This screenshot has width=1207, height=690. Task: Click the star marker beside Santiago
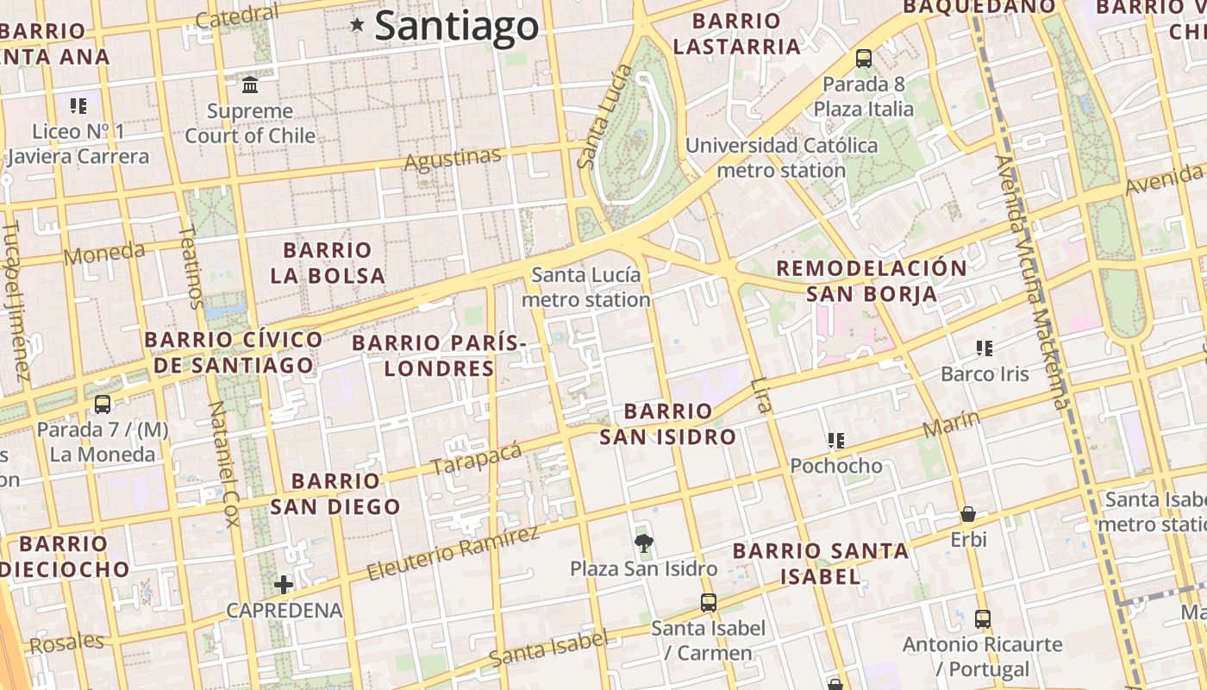pyautogui.click(x=357, y=25)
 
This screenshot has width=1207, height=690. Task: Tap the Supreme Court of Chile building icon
pyautogui.click(x=250, y=85)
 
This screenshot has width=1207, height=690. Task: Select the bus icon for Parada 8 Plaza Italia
pyautogui.click(x=863, y=59)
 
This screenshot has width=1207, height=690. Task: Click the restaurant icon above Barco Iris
pyautogui.click(x=984, y=348)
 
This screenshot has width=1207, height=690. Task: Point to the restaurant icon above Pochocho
pyautogui.click(x=835, y=441)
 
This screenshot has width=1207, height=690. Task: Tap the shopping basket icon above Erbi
pyautogui.click(x=968, y=514)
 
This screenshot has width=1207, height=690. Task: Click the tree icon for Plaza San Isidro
pyautogui.click(x=642, y=543)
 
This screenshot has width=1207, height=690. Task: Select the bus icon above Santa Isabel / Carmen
pyautogui.click(x=708, y=603)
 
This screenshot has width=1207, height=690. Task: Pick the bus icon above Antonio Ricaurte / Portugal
pyautogui.click(x=982, y=618)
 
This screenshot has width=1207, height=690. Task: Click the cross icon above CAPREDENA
pyautogui.click(x=284, y=585)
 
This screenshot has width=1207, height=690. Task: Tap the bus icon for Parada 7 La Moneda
pyautogui.click(x=103, y=404)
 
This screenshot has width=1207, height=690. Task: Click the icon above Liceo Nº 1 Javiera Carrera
pyautogui.click(x=78, y=106)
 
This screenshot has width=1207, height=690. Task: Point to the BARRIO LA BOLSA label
pyautogui.click(x=328, y=263)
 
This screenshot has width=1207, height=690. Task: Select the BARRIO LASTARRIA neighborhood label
pyautogui.click(x=736, y=34)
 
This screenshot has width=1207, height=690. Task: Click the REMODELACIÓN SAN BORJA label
pyautogui.click(x=871, y=280)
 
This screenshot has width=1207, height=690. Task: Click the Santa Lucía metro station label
pyautogui.click(x=586, y=287)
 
